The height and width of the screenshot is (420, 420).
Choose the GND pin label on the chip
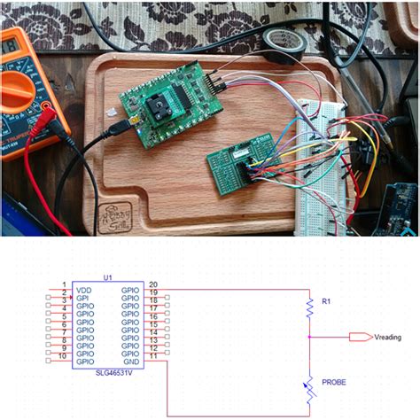(131, 362)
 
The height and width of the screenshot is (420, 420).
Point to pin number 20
(152, 283)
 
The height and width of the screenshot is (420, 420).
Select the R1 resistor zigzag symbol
(309, 307)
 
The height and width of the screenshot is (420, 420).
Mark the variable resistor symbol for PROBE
(309, 387)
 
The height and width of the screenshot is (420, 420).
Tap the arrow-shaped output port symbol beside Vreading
(360, 337)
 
